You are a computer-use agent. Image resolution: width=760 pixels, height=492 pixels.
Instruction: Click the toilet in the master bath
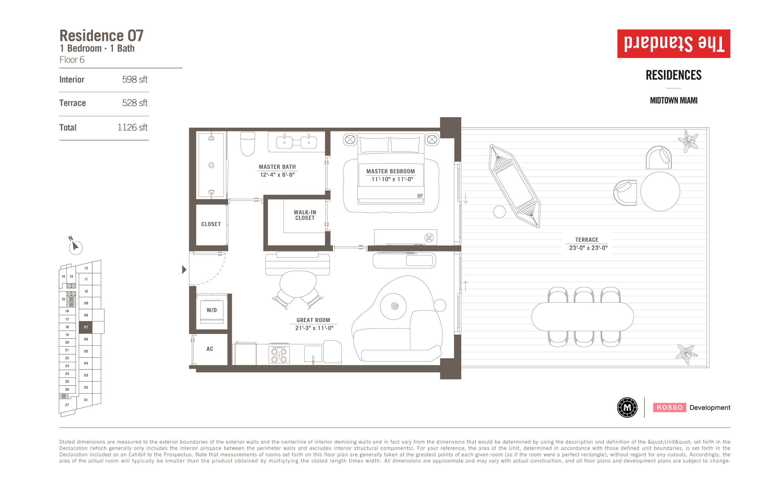[247, 144]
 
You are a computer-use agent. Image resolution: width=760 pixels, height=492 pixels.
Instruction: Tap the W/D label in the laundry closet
[211, 310]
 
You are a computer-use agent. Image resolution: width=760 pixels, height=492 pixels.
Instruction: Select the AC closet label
[210, 349]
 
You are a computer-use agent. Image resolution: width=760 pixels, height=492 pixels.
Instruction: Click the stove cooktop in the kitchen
[279, 355]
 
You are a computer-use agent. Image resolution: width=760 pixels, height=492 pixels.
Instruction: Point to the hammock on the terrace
[514, 186]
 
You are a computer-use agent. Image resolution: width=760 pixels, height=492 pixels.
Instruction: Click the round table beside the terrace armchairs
[660, 191]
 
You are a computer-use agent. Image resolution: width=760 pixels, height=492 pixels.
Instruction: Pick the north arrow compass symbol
[75, 246]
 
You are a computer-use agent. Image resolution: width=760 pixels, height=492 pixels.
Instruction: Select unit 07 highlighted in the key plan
[86, 327]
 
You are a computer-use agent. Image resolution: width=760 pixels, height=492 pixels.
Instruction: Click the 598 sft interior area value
[135, 80]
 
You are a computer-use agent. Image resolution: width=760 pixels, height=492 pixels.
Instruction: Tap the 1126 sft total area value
[132, 128]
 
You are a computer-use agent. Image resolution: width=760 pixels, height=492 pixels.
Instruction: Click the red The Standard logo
[674, 44]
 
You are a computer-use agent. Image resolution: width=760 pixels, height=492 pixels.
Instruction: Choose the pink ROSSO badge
[669, 407]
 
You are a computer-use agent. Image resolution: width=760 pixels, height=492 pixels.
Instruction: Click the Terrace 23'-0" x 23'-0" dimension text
[588, 247]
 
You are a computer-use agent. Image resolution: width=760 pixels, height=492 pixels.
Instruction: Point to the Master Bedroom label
[390, 171]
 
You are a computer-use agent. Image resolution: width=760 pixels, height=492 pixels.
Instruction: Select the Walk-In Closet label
[305, 215]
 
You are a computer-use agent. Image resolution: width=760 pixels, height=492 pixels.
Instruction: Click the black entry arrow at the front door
[184, 270]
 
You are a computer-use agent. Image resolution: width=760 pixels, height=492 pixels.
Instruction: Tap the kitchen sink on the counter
[313, 354]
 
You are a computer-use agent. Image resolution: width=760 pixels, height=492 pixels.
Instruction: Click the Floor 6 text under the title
[72, 60]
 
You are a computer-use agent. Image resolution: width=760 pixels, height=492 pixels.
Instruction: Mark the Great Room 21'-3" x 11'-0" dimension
[314, 328]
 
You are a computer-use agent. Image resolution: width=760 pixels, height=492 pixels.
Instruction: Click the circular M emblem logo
[627, 407]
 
